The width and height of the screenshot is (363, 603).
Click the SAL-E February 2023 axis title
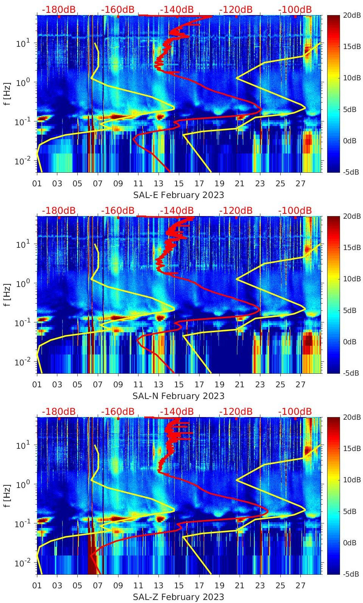pos(178,195)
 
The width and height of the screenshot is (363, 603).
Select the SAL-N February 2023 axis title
pos(178,396)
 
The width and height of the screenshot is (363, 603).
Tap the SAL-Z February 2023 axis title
pos(178,597)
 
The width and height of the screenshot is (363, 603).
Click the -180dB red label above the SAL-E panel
pos(58,9)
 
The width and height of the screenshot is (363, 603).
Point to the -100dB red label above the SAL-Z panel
pos(295,411)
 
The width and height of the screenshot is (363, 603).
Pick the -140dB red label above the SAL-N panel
pos(177,210)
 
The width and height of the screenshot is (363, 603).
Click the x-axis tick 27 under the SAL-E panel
pos(300,184)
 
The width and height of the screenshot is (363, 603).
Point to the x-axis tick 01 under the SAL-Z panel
pos(37,586)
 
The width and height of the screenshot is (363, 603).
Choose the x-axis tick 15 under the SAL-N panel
pos(179,385)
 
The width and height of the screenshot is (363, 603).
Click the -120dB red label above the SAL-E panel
pos(236,9)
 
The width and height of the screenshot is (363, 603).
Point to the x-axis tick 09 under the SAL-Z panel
pos(118,586)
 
